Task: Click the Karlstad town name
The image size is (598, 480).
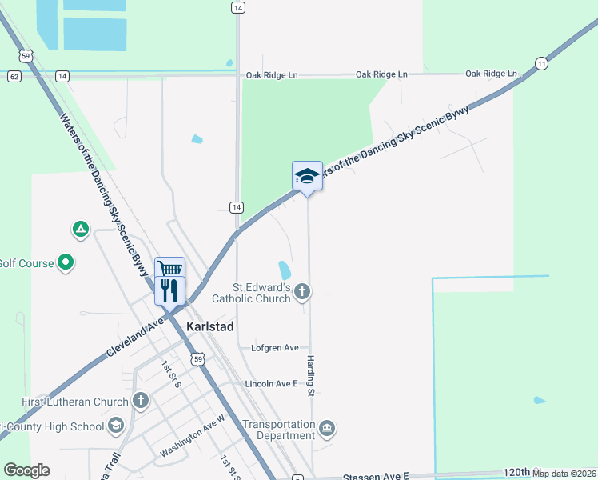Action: [x=212, y=326]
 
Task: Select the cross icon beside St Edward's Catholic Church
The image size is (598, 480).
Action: [x=302, y=292]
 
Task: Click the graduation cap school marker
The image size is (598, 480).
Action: [x=307, y=176]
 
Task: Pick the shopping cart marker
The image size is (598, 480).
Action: [x=169, y=269]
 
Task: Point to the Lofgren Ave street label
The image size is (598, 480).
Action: [x=274, y=348]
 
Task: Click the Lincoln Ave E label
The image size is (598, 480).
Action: [x=271, y=384]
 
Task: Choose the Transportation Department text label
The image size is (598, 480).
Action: [x=278, y=430]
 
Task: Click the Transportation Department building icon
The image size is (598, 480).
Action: [x=327, y=430]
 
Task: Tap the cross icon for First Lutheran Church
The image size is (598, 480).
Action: [x=141, y=401]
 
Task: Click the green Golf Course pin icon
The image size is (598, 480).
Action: [x=66, y=262]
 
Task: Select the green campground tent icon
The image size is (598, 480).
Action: [x=80, y=230]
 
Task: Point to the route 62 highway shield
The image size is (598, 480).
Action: [x=14, y=76]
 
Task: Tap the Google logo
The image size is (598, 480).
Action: [x=26, y=470]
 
